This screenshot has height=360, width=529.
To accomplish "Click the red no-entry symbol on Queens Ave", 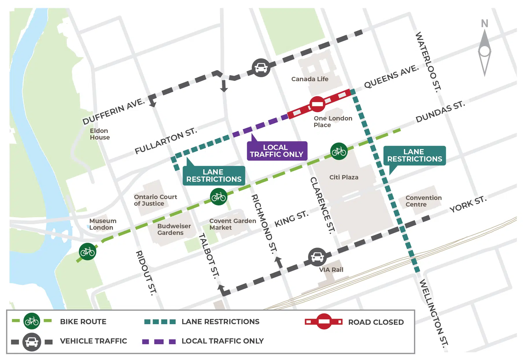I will pyautogui.click(x=317, y=104).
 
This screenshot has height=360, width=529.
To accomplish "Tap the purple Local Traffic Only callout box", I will pyautogui.click(x=277, y=151).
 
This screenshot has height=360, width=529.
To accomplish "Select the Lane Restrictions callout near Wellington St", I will pyautogui.click(x=414, y=156).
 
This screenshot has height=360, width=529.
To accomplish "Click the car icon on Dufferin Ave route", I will pyautogui.click(x=261, y=68).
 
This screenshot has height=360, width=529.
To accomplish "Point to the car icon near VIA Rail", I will pyautogui.click(x=317, y=257).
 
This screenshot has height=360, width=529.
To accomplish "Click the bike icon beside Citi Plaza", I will pyautogui.click(x=339, y=151).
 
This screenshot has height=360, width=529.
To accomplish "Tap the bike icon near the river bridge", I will pyautogui.click(x=87, y=252).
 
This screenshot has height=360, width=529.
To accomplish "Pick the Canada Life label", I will pyautogui.click(x=310, y=79).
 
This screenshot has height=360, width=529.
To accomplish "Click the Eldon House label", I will pyautogui.click(x=99, y=134).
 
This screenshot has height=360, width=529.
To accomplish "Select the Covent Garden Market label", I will pyautogui.click(x=232, y=224).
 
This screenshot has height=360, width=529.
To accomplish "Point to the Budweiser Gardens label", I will pyautogui.click(x=174, y=229).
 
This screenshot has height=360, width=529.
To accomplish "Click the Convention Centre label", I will pyautogui.click(x=423, y=201).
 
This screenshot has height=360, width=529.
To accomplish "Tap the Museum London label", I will pyautogui.click(x=103, y=224).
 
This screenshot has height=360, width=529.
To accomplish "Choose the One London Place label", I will pyautogui.click(x=333, y=122).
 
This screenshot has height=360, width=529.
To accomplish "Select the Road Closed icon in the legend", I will pyautogui.click(x=324, y=322).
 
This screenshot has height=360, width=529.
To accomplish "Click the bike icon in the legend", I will pyautogui.click(x=32, y=321).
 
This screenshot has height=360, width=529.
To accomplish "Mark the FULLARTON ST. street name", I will pyautogui.click(x=166, y=141).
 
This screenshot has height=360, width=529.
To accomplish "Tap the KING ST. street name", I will pyautogui.click(x=291, y=219).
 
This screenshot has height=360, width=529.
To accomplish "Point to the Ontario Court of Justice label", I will pyautogui.click(x=155, y=200).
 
